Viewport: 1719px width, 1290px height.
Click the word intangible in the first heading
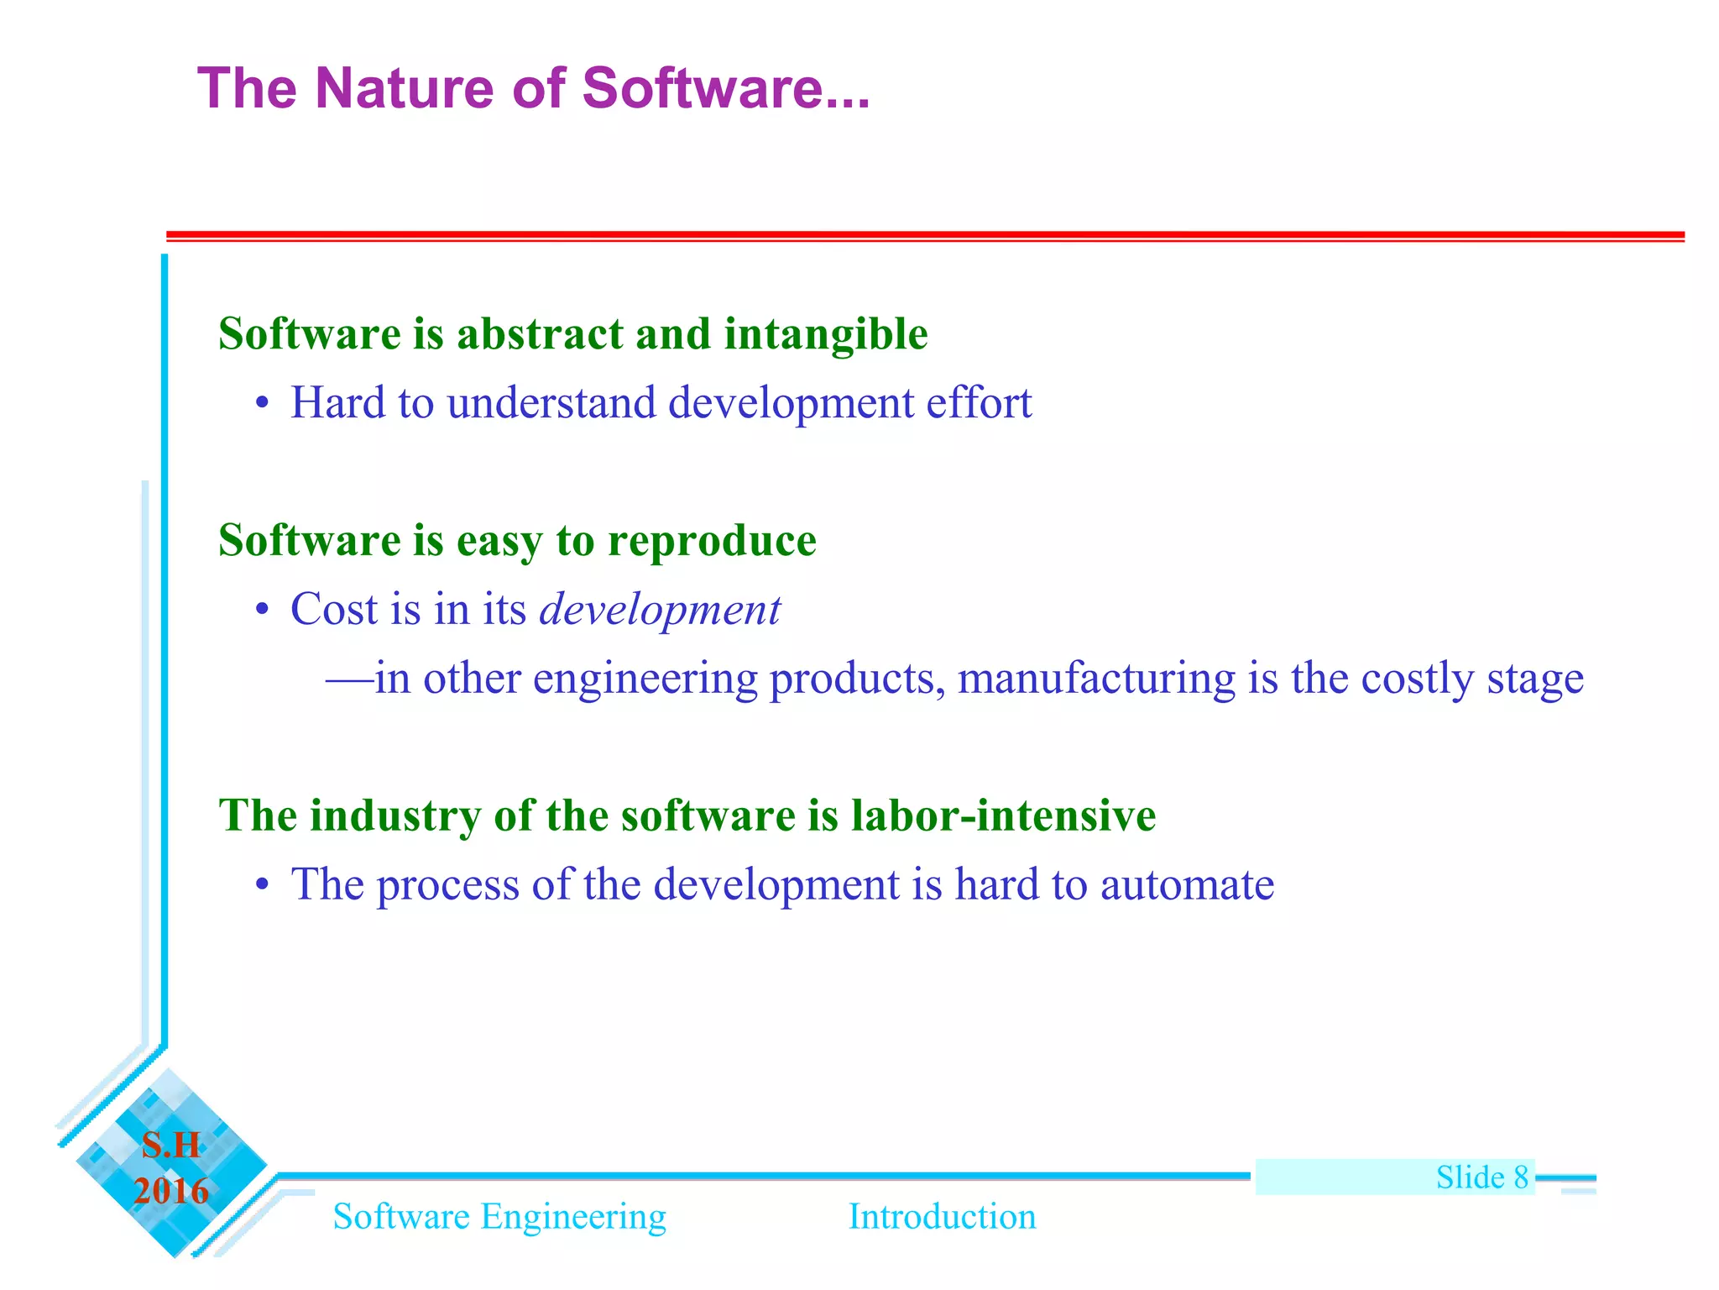click(826, 334)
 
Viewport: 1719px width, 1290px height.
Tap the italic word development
click(660, 610)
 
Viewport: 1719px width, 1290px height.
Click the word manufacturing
click(1096, 679)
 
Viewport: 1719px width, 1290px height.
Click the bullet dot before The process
click(263, 885)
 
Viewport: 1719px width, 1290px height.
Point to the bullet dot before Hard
click(263, 404)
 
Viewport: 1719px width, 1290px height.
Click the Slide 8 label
click(1481, 1177)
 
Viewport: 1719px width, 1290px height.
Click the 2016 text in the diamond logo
click(171, 1191)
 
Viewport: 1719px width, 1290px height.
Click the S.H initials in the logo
click(171, 1146)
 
